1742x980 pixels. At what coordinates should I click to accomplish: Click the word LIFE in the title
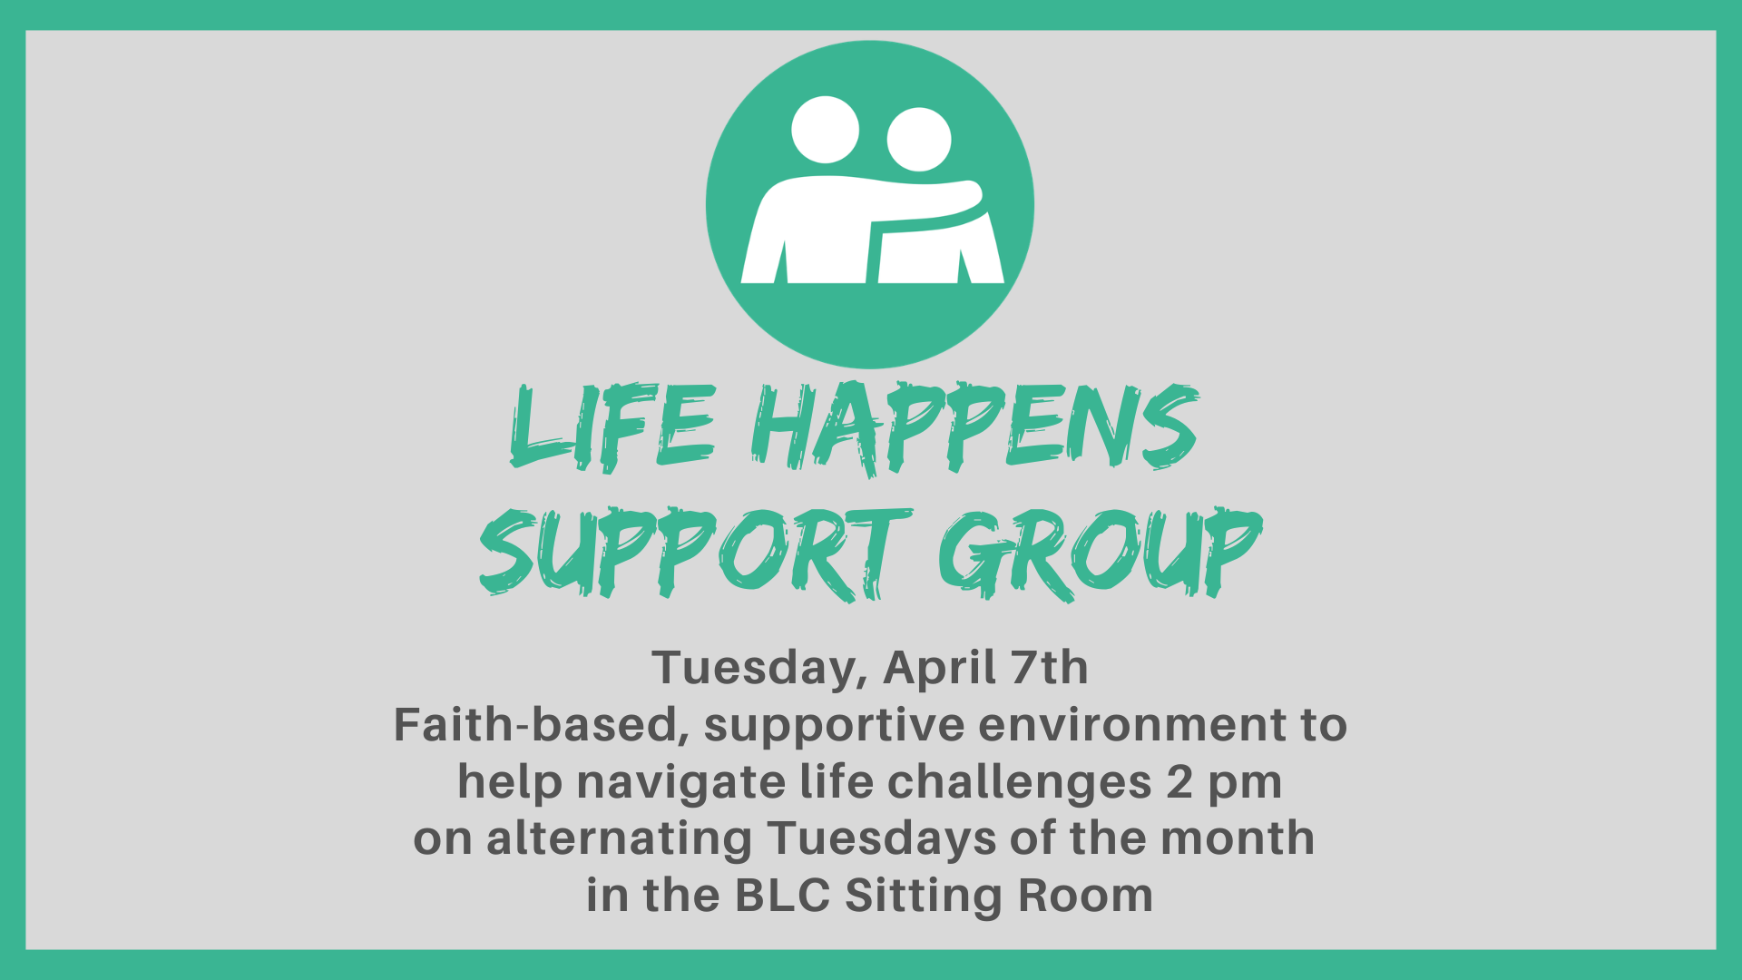613,427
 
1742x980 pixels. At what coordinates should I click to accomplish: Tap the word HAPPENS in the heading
975,427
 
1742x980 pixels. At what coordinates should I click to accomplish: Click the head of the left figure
825,130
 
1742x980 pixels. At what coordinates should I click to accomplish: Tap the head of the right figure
919,140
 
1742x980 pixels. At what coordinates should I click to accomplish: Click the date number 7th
1050,668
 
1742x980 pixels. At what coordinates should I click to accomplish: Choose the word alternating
619,840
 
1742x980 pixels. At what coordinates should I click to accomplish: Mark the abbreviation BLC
783,896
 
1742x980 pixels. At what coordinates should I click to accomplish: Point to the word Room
1086,896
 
